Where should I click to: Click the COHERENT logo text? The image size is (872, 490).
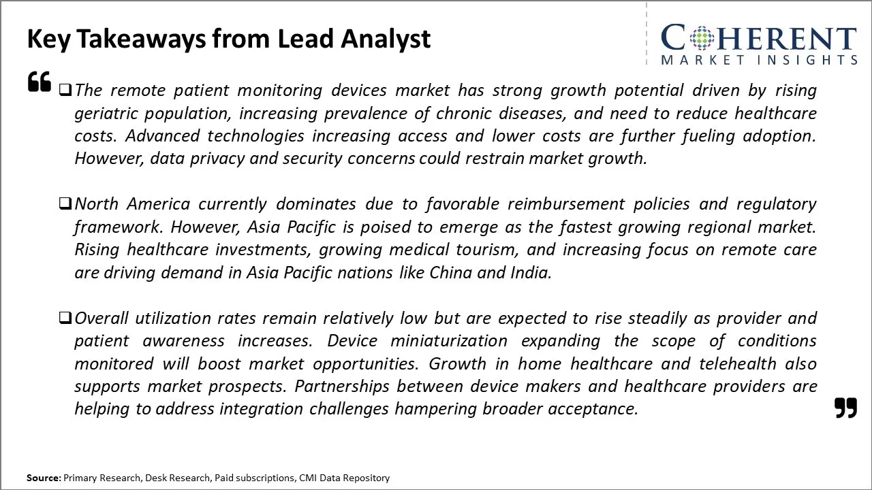point(758,38)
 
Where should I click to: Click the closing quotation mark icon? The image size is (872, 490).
point(845,408)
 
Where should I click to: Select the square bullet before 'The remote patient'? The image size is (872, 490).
point(65,90)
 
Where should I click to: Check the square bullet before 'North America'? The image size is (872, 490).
point(65,203)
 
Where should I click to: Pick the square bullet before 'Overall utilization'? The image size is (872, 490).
point(65,318)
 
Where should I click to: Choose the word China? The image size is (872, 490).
point(450,272)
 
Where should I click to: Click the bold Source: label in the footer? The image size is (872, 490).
point(44,478)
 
